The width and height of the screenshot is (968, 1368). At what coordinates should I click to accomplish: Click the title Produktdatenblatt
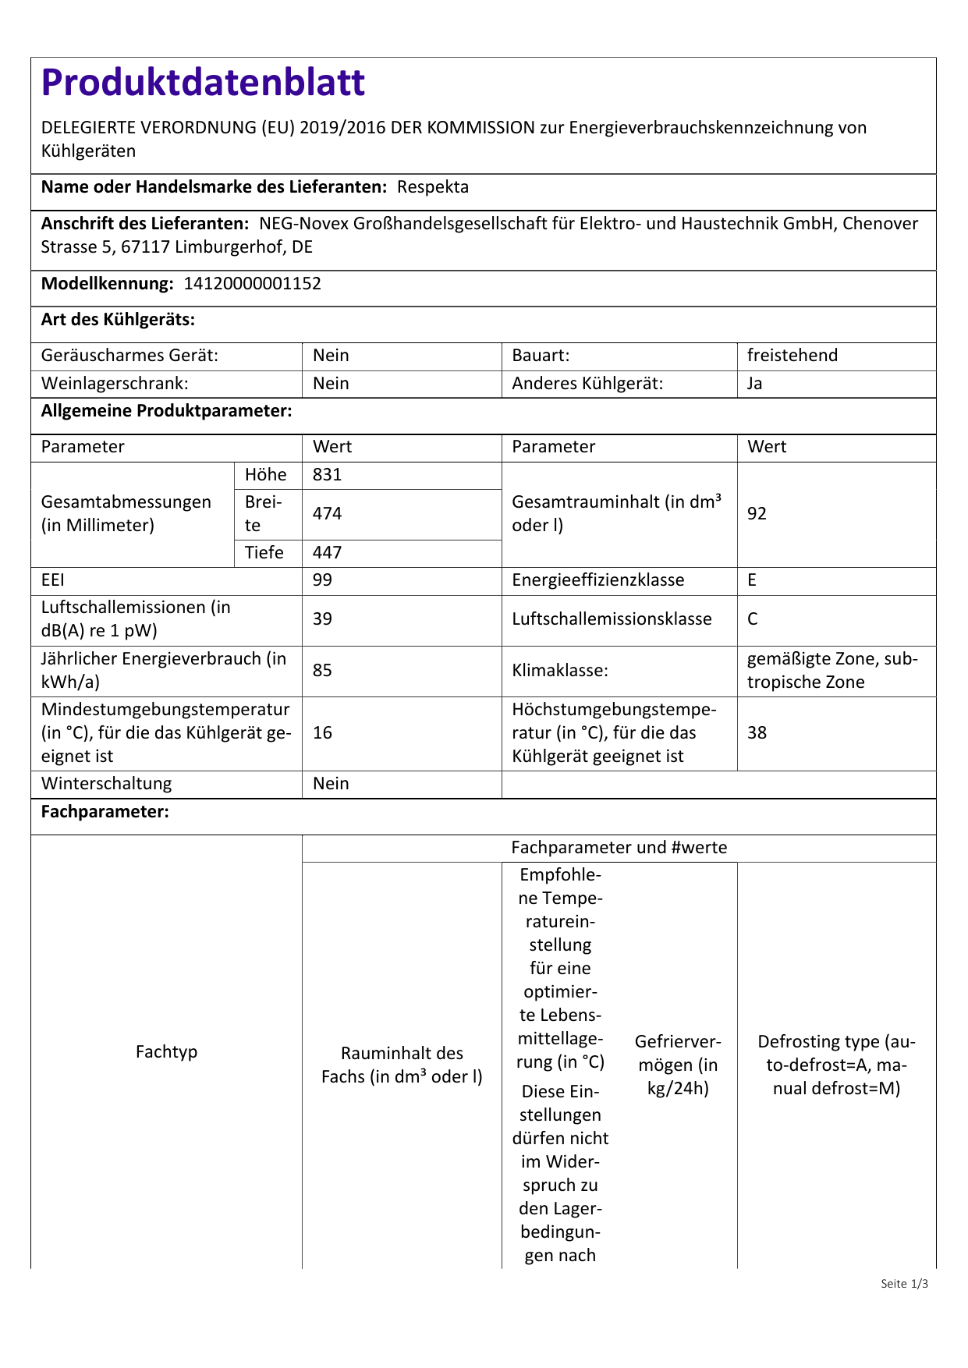tap(203, 83)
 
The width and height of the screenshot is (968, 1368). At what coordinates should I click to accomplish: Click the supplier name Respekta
tap(433, 187)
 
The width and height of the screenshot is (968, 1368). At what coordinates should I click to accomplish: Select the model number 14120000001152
tap(252, 284)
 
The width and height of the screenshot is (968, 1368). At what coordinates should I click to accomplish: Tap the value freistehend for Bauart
tap(792, 356)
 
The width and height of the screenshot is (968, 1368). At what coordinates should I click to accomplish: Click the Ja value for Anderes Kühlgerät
tap(755, 384)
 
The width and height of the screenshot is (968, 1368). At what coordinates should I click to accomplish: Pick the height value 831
tap(328, 475)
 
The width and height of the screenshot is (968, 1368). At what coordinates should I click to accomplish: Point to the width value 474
tap(328, 514)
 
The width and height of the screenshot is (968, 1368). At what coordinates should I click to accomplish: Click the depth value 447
tap(328, 553)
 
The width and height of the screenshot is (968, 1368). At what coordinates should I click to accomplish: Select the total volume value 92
tap(757, 514)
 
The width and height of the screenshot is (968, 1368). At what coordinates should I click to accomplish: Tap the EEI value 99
tap(322, 580)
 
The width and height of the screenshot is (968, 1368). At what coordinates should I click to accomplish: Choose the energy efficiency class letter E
tap(752, 580)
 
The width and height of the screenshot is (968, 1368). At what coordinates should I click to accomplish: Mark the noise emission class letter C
tap(753, 619)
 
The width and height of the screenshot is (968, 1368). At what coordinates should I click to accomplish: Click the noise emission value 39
tap(322, 619)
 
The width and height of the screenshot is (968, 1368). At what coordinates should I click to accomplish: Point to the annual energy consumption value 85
tap(322, 671)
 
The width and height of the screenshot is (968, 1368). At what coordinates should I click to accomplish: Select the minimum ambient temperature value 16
tap(322, 733)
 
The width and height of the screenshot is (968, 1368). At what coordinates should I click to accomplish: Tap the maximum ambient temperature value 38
tap(757, 733)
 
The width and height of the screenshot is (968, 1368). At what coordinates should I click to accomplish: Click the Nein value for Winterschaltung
tap(331, 784)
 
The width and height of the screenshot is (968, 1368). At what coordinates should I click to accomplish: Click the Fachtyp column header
tap(166, 1052)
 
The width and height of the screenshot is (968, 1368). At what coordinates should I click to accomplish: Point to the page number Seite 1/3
tap(904, 1284)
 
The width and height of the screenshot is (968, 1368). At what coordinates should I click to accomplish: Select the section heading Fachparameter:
tap(105, 812)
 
